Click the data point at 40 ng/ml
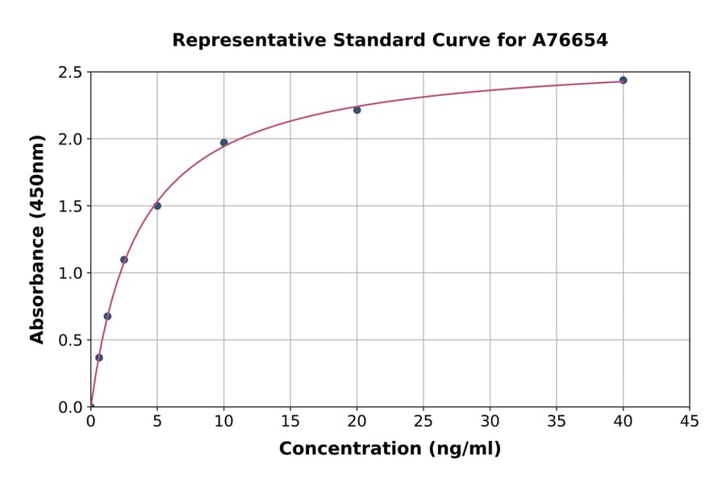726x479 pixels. [x=623, y=80]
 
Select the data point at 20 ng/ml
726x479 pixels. [x=357, y=110]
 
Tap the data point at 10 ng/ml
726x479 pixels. [x=223, y=143]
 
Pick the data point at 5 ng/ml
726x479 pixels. [x=157, y=206]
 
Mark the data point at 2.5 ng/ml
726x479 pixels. [x=123, y=260]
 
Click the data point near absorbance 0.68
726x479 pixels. [x=107, y=316]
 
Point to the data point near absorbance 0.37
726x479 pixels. [x=99, y=357]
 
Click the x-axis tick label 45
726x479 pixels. [x=689, y=421]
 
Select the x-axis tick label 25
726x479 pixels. [x=423, y=421]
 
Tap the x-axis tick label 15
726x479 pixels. [x=290, y=421]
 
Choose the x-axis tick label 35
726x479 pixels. [x=556, y=421]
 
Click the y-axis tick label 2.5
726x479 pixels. [x=70, y=73]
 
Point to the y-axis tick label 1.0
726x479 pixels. [x=70, y=273]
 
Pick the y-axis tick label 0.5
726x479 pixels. [x=70, y=340]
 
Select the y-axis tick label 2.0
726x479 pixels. [x=70, y=140]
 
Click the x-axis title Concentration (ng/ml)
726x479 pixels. [x=390, y=448]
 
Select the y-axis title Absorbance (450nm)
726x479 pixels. [x=37, y=239]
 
